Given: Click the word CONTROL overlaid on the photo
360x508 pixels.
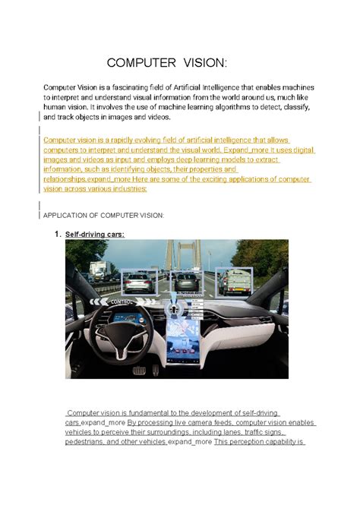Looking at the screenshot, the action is pos(125,301).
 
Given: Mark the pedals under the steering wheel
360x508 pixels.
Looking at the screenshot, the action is pos(141,370).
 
